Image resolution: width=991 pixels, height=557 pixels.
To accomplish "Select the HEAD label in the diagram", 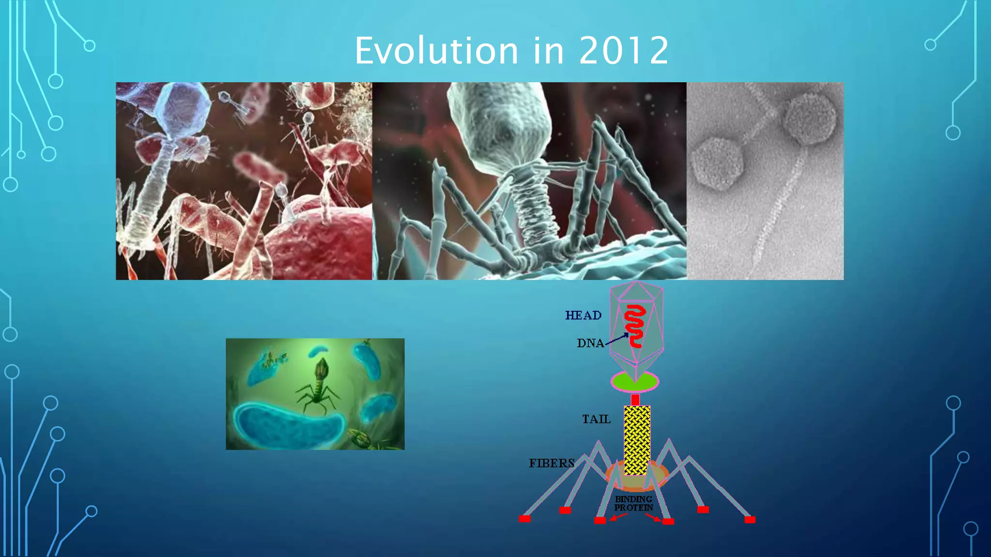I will coord(583,316).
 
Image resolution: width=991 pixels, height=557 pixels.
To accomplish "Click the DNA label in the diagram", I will coord(590,343).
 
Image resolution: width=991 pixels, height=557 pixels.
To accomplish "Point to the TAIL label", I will coord(596,419).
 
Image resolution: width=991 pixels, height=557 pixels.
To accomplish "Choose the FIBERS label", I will coord(551,463).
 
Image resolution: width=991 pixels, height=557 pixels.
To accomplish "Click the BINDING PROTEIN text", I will coord(633,503).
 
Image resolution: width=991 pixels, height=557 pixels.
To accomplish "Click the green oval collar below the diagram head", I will coord(634,381).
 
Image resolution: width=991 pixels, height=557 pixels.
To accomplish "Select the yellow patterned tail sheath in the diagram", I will coord(637,440).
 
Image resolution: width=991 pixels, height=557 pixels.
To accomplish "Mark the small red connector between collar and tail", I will coord(635,399).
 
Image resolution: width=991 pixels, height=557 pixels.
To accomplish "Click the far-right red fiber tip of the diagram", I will coord(750,520).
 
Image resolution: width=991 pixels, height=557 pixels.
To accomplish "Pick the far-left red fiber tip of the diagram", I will coord(525,519).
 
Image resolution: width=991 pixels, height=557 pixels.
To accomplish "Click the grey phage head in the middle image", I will coord(498,128).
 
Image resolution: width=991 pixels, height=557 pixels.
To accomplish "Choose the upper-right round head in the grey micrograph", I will coord(810,118).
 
